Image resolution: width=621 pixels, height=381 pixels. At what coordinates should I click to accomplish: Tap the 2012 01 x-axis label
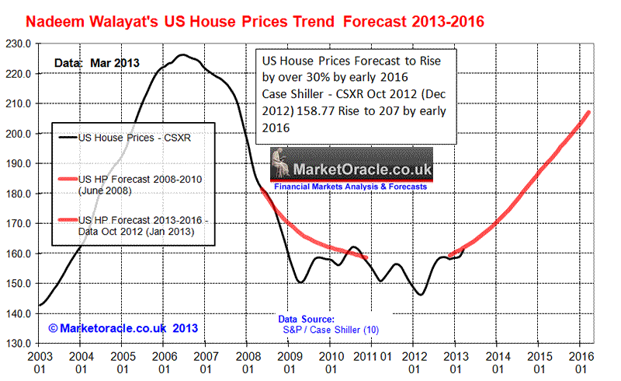click(x=413, y=362)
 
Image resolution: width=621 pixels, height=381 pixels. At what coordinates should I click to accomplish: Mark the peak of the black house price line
click(x=182, y=55)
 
